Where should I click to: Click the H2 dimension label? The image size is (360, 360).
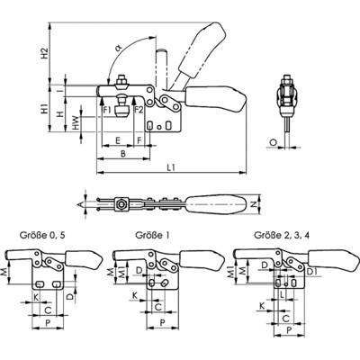(x=45, y=53)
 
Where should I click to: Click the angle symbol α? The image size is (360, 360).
(x=119, y=47)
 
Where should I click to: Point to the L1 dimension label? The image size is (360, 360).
(x=171, y=167)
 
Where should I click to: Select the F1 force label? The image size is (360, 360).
(x=107, y=110)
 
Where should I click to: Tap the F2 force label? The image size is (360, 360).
(x=139, y=110)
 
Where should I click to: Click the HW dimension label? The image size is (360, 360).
(x=76, y=123)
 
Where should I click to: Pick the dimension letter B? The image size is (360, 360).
(x=123, y=154)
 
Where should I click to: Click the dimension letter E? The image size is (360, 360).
(x=118, y=140)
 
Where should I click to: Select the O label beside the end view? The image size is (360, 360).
(x=273, y=143)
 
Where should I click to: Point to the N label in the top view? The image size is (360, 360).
(x=254, y=204)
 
